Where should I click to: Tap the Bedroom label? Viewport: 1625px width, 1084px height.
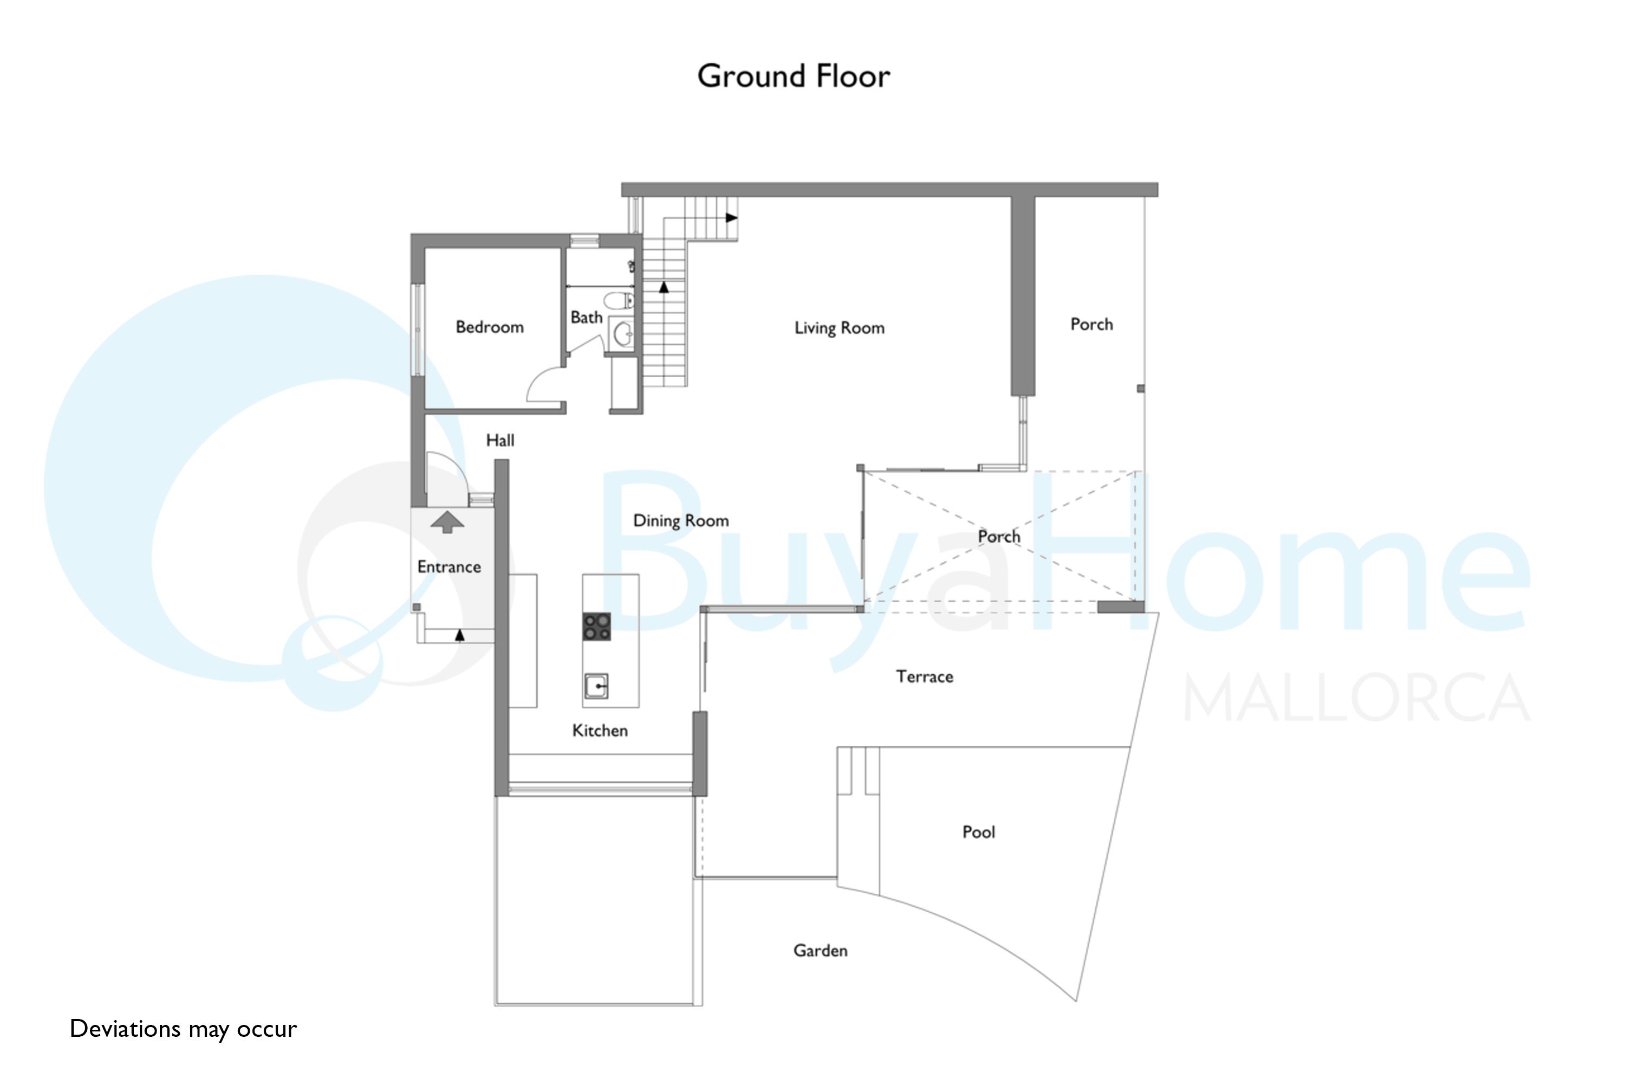pos(489,327)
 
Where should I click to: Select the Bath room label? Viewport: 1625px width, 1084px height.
pos(586,317)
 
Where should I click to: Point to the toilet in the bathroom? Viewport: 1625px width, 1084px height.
pos(619,301)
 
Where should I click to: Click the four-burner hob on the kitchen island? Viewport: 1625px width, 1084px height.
pos(596,627)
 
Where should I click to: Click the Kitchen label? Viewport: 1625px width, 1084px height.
pos(600,731)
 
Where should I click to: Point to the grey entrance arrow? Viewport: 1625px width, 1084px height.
pos(447,522)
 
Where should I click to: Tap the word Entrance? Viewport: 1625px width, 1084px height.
pos(449,567)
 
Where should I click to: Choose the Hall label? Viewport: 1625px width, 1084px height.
pos(500,440)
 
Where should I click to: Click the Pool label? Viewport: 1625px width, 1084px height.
pos(978,831)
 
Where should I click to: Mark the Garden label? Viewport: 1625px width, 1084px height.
pos(820,951)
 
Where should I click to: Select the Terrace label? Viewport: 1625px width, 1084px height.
pos(925,677)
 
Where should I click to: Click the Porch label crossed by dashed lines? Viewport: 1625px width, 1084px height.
pos(998,537)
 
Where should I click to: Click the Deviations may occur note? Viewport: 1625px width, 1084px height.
pos(183,1029)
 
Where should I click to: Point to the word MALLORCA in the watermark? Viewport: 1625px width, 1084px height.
pos(1357,698)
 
